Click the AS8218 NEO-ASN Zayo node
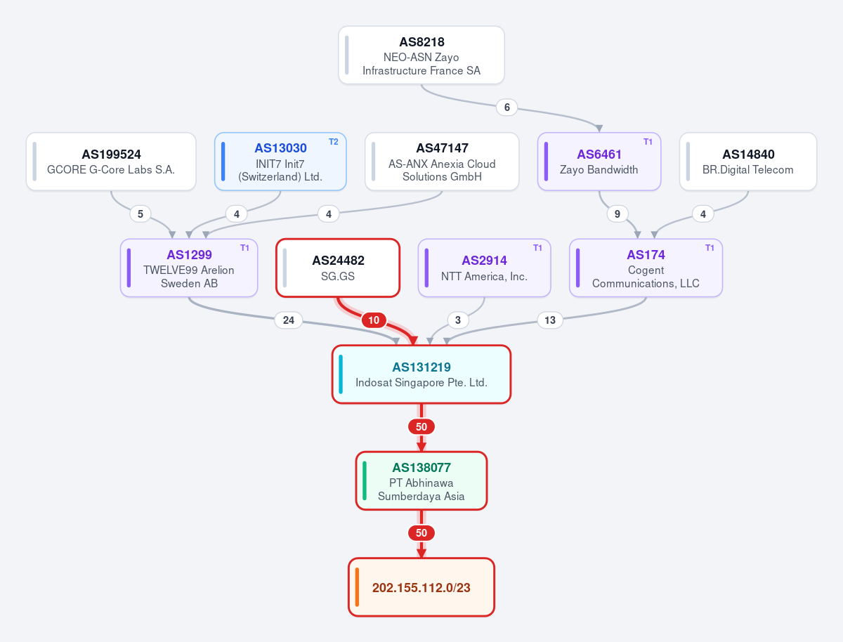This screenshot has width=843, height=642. tap(421, 55)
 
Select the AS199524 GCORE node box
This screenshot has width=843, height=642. tap(111, 162)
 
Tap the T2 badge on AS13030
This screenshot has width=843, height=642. tap(334, 142)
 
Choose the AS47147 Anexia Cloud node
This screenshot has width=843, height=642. tap(442, 162)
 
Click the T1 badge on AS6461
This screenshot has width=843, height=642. tap(648, 142)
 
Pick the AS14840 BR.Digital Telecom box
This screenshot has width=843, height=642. tap(748, 162)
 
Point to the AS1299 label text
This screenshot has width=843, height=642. tap(189, 254)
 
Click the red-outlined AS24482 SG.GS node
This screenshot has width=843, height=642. tap(338, 268)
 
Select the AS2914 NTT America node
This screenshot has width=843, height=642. tap(484, 268)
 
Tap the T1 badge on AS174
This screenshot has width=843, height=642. tap(710, 248)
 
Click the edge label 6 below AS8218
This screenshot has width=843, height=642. tap(507, 107)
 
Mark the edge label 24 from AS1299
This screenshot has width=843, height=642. tap(289, 320)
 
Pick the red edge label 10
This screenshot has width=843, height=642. tap(374, 320)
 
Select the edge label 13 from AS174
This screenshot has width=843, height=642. tap(550, 320)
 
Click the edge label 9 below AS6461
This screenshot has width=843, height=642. tap(617, 214)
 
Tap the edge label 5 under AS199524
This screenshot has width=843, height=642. tap(140, 214)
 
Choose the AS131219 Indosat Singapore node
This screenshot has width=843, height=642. tap(421, 374)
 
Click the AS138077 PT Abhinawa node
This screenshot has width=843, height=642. tap(421, 480)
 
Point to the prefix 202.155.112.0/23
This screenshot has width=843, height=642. tap(421, 587)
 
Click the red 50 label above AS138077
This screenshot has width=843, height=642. tap(421, 426)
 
